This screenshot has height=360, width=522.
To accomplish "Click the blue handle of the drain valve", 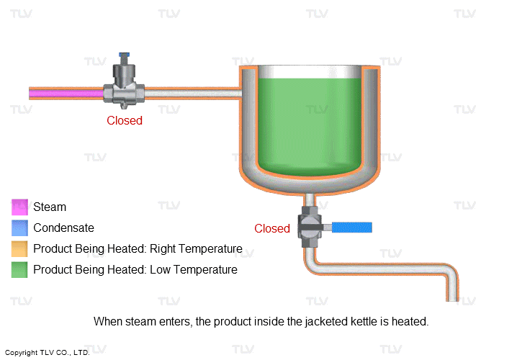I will pos(351,228).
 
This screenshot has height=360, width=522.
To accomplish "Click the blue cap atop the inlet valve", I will pos(125,56).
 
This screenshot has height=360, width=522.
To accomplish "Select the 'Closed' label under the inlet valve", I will pos(125,120).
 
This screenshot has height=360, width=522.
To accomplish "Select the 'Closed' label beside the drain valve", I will pos(271,228).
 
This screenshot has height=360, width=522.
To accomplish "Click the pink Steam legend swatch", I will pos(19,207).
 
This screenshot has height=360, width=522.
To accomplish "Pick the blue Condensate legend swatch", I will pos(19,228).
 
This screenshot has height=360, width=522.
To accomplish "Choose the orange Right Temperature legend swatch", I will pos(19,249).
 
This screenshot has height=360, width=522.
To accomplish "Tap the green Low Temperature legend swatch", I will pos(19,270).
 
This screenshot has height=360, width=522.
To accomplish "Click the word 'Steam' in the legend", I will pos(50,207).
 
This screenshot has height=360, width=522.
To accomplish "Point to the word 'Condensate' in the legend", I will pos(63,228).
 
